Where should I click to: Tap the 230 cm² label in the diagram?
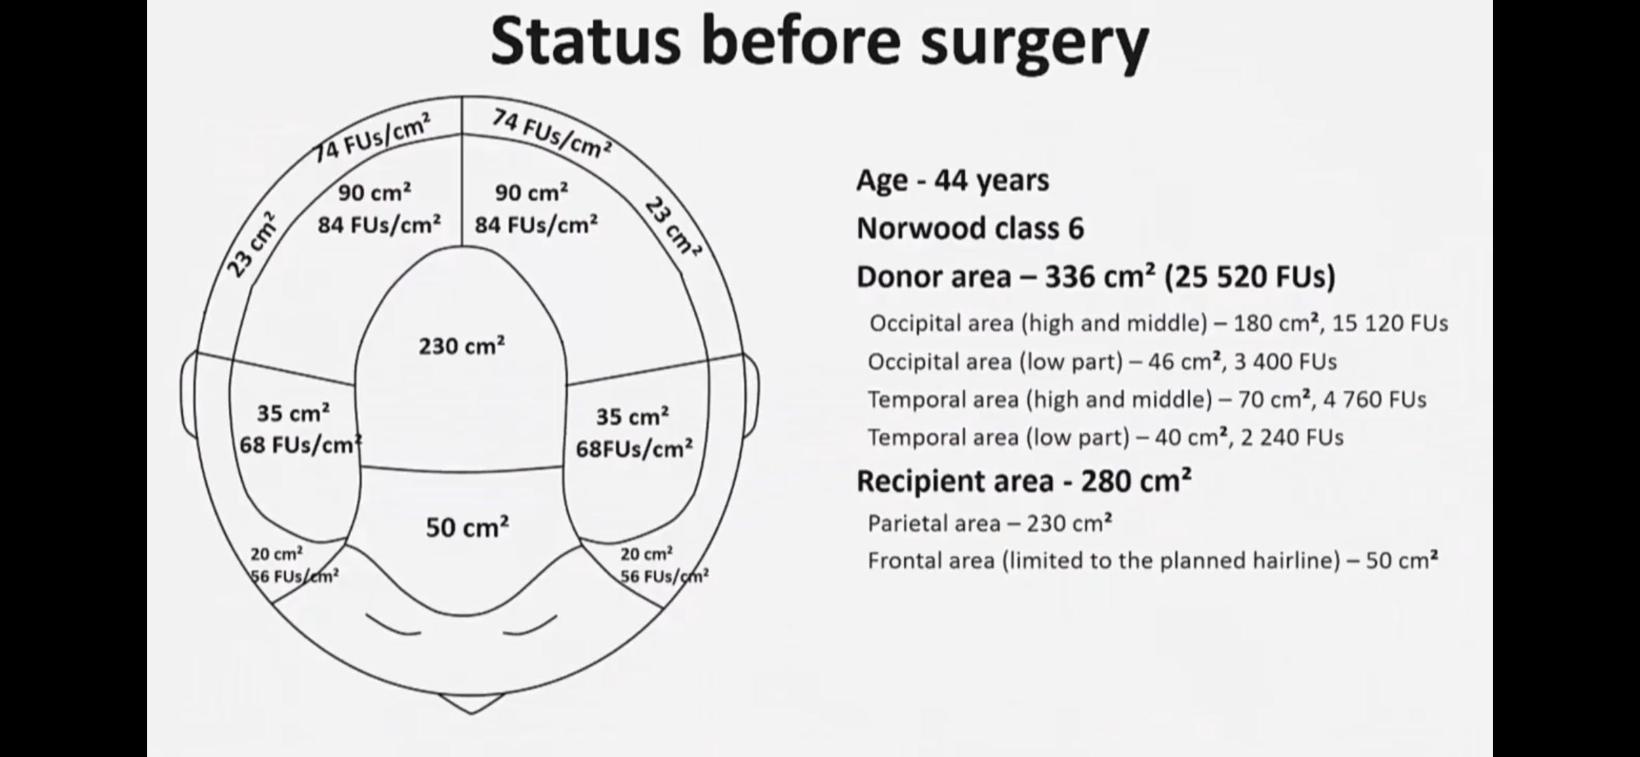click(462, 346)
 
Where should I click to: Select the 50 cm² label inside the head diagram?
click(467, 527)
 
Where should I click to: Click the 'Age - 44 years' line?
click(952, 181)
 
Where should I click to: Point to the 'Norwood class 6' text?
click(970, 229)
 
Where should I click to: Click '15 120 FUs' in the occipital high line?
click(1390, 323)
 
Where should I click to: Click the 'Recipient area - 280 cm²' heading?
click(1024, 481)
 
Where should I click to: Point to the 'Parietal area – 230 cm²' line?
click(990, 524)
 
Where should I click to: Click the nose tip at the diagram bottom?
click(472, 713)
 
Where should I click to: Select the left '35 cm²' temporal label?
click(293, 413)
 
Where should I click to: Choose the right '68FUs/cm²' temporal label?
click(634, 449)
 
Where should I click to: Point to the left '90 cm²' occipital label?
click(374, 192)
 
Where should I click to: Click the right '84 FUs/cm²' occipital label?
click(536, 225)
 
